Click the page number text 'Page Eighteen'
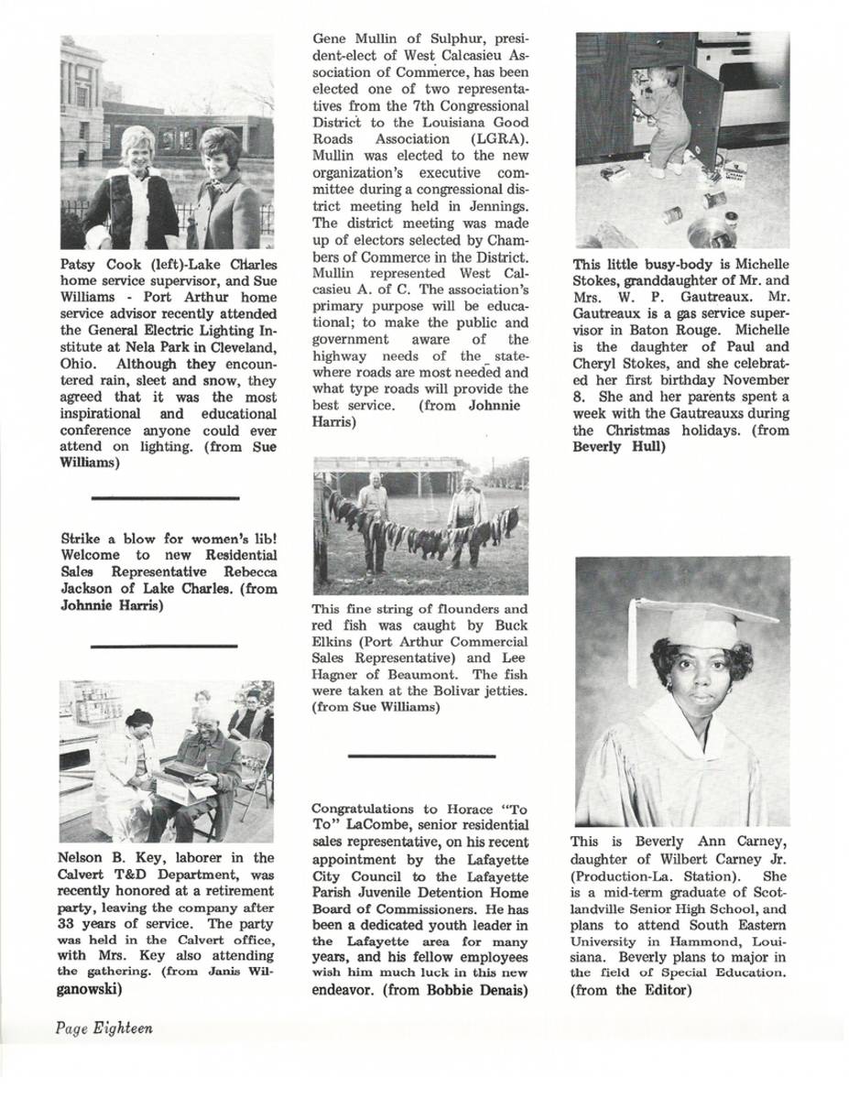[103, 1028]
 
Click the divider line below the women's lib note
[165, 646]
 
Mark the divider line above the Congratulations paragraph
[421, 756]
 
